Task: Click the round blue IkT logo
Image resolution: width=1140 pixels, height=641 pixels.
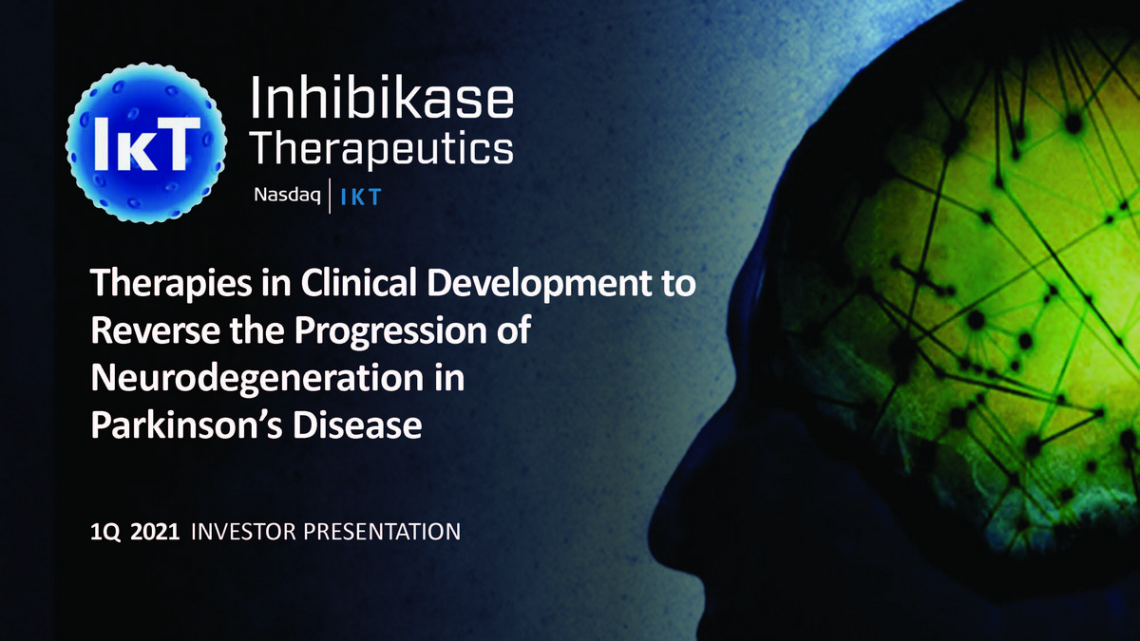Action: point(146,143)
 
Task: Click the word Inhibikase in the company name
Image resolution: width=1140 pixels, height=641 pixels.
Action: point(382,97)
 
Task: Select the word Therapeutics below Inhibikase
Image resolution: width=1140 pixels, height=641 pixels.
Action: point(383,148)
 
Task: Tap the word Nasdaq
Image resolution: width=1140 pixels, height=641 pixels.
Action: point(287,196)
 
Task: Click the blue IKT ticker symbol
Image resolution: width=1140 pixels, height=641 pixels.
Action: point(361,198)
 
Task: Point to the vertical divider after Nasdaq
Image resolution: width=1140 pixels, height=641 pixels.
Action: point(330,196)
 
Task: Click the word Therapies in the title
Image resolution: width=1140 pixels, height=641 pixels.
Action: point(171,284)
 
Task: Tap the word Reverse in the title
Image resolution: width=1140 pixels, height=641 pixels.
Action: point(156,330)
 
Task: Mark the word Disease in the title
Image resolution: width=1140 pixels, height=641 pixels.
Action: point(357,425)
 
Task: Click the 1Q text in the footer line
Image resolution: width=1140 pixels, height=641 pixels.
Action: point(105,532)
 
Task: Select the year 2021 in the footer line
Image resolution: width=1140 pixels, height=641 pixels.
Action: point(155,532)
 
